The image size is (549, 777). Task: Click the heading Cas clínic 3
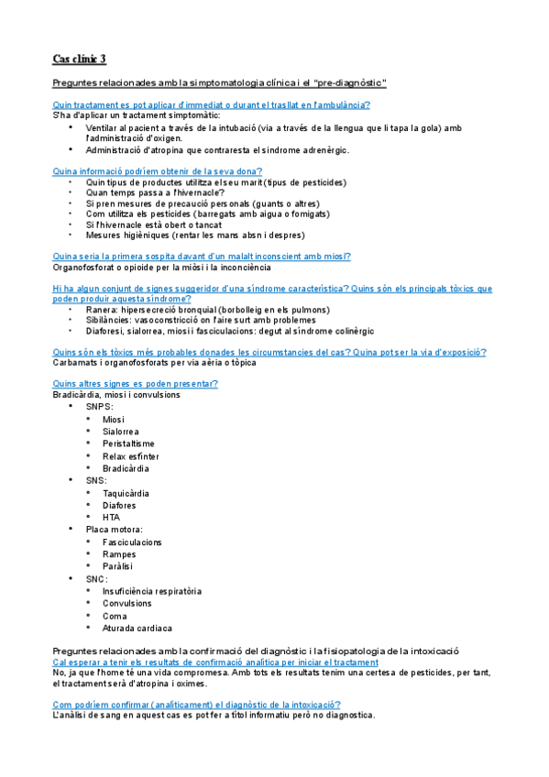tap(80, 60)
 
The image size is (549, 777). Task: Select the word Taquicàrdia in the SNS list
tap(126, 492)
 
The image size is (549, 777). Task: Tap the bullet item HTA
tap(112, 517)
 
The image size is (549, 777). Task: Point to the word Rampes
tap(119, 553)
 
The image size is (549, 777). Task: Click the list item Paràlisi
tap(118, 566)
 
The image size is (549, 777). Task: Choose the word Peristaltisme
tap(129, 443)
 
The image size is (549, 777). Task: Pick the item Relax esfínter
tap(131, 455)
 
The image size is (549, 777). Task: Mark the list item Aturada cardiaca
tap(137, 628)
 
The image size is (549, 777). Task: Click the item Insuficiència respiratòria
tap(152, 591)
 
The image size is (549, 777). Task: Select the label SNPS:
tap(99, 406)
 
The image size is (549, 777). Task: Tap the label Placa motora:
tap(115, 529)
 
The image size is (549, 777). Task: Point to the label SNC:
tap(96, 578)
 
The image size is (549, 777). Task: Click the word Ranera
tap(102, 310)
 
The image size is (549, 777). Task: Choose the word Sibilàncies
tap(109, 321)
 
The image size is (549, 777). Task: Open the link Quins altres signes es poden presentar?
tap(136, 382)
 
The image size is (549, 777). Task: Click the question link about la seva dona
tap(158, 170)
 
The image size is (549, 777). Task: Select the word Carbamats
tap(77, 363)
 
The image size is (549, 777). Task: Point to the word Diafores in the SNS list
tap(120, 504)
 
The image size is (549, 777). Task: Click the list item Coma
tap(115, 616)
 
